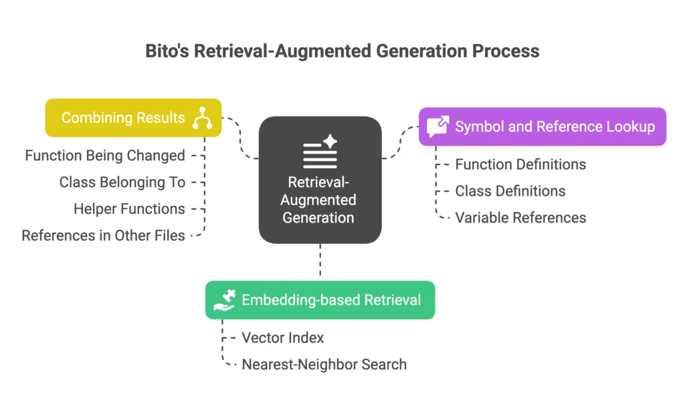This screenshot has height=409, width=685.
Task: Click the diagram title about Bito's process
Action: (342, 51)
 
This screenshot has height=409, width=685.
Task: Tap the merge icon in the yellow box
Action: (202, 118)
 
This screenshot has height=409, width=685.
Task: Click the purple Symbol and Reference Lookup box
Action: (542, 126)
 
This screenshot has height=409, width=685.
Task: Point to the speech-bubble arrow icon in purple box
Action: (438, 126)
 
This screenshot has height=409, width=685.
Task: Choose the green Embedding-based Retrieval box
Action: (320, 299)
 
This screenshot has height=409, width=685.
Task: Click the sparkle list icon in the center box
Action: (320, 152)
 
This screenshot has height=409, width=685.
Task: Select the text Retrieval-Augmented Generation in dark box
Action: (318, 200)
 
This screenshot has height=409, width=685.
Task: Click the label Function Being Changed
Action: (105, 156)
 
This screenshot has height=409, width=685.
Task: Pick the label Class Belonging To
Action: (122, 182)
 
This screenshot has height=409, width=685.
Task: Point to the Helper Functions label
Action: (129, 209)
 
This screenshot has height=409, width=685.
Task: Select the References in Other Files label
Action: (103, 235)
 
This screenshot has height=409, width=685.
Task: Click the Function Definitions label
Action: (520, 164)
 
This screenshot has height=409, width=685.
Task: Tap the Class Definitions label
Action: (510, 191)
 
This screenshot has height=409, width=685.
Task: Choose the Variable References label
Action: (520, 218)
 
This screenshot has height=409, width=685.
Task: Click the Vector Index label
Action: (282, 338)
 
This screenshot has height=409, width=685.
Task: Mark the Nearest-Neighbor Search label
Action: (324, 364)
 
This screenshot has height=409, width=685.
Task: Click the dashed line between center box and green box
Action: (320, 261)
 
